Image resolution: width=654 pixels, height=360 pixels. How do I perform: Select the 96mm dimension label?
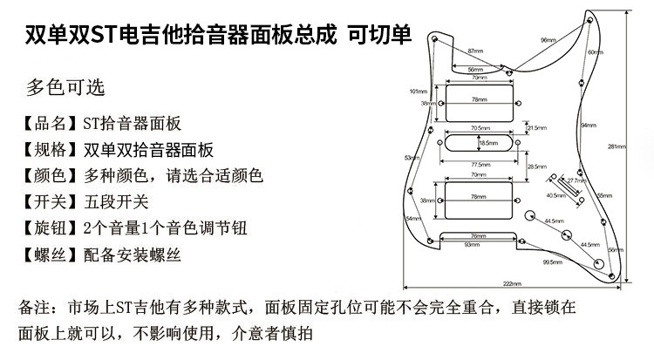[548, 41]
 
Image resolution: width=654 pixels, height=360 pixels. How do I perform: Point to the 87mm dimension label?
[475, 51]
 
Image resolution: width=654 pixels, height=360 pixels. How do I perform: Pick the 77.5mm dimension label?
[480, 164]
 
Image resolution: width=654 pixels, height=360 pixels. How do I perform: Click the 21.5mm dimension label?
[536, 127]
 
